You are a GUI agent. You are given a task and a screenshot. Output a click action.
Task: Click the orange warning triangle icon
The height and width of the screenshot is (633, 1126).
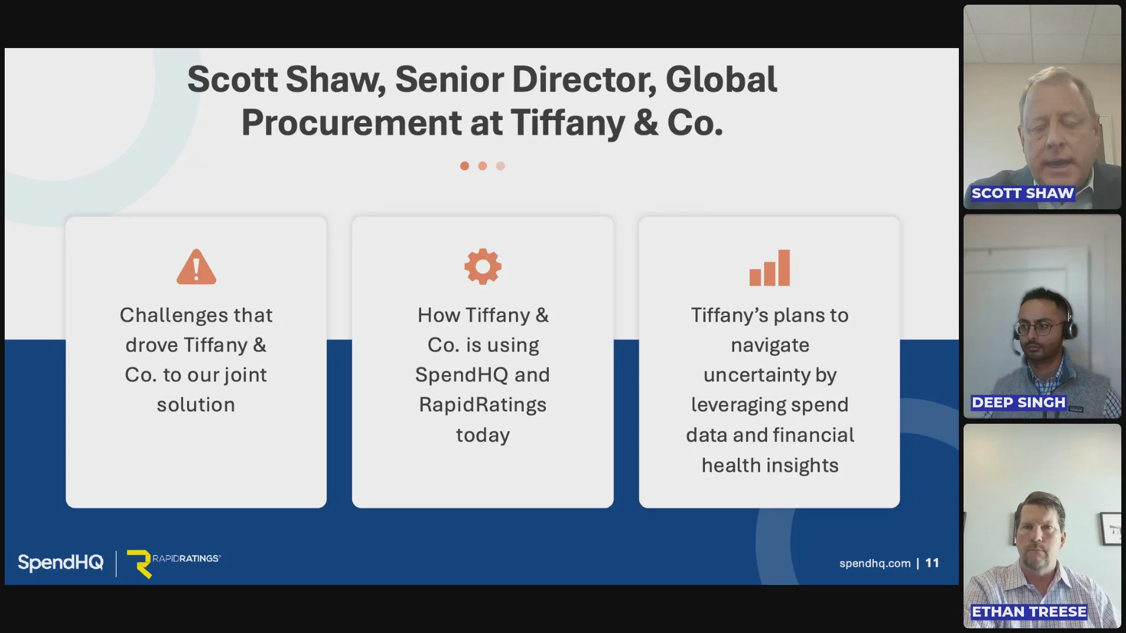pos(196,267)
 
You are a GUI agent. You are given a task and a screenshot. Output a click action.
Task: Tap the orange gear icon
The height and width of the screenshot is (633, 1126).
pos(483,267)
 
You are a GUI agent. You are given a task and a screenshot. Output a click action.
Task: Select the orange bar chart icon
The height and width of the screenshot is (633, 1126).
pos(770,268)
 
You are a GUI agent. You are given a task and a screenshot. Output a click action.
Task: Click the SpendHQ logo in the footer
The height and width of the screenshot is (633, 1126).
pos(60,563)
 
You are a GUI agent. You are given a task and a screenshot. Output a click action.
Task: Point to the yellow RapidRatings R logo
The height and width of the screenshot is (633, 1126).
pos(140,564)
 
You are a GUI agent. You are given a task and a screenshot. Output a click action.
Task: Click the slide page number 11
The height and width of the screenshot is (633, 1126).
pos(932,563)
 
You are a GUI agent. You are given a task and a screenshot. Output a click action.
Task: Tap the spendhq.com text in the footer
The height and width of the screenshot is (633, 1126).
pos(875,564)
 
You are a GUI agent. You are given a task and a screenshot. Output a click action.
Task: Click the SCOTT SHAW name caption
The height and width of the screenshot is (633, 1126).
pos(1023,193)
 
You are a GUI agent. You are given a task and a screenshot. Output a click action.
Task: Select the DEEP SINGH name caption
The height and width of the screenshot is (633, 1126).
pos(1019,403)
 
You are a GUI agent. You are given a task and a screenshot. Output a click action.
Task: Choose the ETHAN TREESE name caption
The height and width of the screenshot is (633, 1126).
pos(1029,612)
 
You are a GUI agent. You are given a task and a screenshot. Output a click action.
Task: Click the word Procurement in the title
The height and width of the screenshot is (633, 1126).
pos(351,124)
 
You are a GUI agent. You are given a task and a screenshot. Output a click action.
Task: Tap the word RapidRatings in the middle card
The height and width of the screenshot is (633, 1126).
pos(483,406)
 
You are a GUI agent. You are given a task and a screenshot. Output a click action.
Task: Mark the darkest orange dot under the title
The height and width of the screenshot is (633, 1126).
pos(464,166)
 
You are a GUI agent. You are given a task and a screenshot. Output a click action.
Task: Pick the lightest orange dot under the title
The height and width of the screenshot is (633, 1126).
pos(500,166)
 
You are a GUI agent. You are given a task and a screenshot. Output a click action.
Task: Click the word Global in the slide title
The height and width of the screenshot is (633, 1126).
pos(721,80)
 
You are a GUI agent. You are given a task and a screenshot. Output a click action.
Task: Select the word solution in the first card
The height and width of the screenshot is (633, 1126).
pos(196,405)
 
